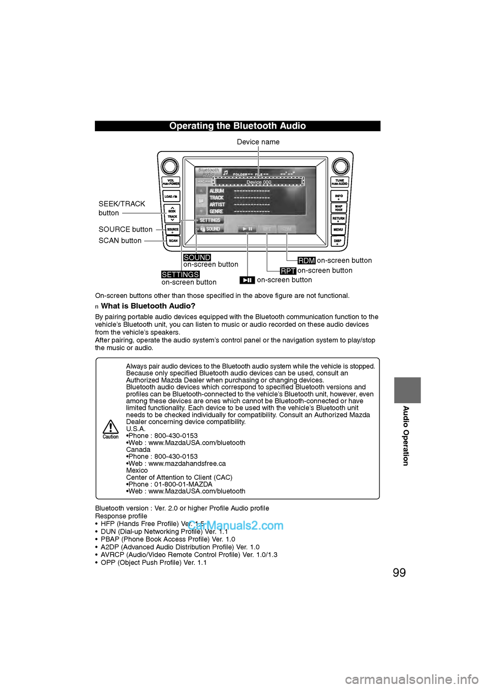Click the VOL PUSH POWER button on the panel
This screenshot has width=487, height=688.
point(171,182)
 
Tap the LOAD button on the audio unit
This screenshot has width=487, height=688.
point(171,196)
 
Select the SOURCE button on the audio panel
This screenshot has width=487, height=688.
point(173,230)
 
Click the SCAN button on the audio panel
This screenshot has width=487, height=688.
point(173,241)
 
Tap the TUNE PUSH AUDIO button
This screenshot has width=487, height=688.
point(339,182)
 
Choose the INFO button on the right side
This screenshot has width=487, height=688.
point(339,196)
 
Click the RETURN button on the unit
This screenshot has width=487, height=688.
point(338,218)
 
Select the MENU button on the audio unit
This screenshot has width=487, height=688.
point(338,230)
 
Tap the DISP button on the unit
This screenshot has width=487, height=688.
point(338,241)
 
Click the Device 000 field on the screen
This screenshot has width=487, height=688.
point(259,182)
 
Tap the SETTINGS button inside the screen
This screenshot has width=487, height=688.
point(210,220)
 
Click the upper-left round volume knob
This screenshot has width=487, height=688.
point(170,166)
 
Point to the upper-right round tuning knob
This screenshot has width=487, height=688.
point(340,166)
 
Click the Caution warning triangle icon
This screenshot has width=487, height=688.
point(111,427)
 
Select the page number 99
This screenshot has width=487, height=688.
point(399,572)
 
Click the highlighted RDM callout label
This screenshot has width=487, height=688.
point(306,260)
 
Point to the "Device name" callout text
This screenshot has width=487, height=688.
point(258,142)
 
